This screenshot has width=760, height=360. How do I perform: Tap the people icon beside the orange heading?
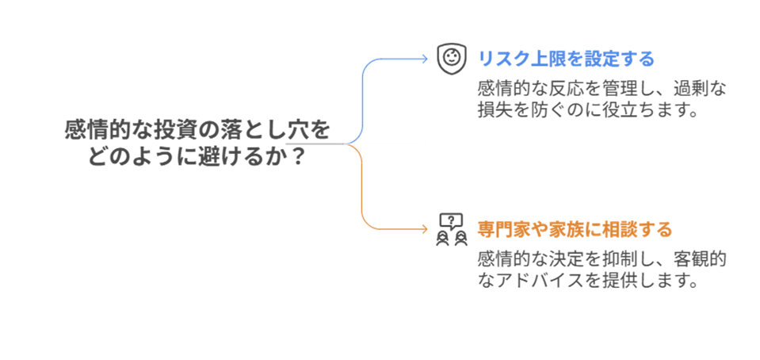[x=449, y=228]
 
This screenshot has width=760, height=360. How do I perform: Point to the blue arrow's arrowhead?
[x=425, y=58]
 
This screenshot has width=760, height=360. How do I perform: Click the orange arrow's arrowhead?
[x=425, y=230]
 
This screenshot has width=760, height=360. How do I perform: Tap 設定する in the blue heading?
[x=613, y=59]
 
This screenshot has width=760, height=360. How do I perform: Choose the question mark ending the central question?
[x=298, y=155]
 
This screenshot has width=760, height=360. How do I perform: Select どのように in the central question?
[x=131, y=155]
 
